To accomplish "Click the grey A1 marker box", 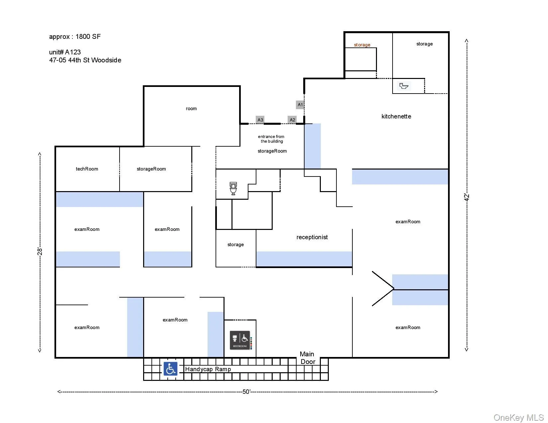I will click(x=300, y=105).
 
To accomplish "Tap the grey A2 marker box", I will click(x=292, y=120).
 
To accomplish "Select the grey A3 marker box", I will click(x=260, y=120).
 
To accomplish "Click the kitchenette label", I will click(x=396, y=116).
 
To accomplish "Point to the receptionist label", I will click(x=312, y=237).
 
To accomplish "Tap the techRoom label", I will click(x=87, y=169).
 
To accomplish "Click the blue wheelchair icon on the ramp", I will click(x=170, y=369).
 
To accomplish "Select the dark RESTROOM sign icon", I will click(x=240, y=340).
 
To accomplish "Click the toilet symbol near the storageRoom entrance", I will click(x=233, y=188).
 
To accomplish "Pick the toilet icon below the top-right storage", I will click(x=404, y=86).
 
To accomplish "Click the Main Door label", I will click(x=307, y=358).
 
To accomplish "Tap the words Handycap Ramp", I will click(x=208, y=369).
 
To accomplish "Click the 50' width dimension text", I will click(x=246, y=392).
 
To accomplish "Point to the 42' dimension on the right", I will click(x=467, y=197).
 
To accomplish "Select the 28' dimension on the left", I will click(x=40, y=251).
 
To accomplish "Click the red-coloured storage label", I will click(x=362, y=45).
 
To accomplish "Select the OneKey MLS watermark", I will click(x=518, y=417).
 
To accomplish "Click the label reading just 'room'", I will click(x=191, y=108).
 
